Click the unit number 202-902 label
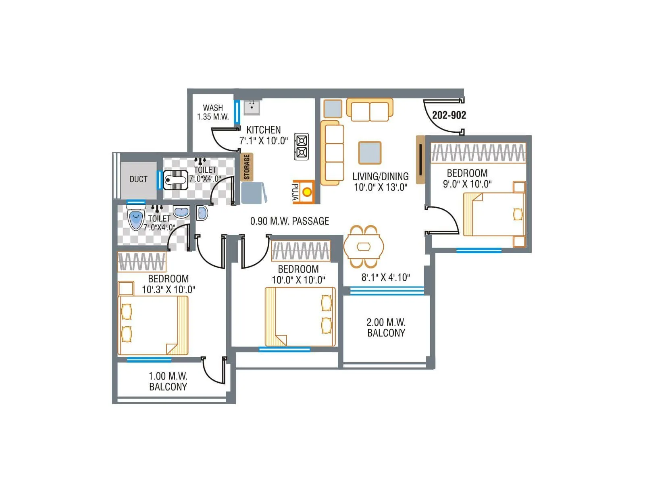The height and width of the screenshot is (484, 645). coord(449,115)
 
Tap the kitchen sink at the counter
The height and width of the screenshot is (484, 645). coord(252,107)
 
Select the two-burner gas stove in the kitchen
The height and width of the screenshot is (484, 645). coord(302,147)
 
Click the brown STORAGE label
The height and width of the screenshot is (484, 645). coord(247,167)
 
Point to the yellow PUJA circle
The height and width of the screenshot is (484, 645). coord(307,192)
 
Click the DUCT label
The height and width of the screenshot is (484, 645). coord(138,179)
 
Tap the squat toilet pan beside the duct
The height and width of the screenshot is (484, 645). coord(176,180)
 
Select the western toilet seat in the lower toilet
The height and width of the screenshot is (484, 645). coord(136,218)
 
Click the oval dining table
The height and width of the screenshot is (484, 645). coord(364,246)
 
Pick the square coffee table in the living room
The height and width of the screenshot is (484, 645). coord(370,153)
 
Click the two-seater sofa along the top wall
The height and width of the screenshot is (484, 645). coord(370,110)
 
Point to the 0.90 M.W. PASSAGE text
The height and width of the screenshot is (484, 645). coord(289,221)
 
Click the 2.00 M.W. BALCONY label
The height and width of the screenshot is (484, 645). coord(386,328)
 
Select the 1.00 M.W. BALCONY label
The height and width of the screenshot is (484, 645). coord(168,382)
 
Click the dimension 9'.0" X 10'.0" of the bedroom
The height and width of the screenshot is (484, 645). coord(467,184)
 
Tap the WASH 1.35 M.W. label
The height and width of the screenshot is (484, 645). coord(213,113)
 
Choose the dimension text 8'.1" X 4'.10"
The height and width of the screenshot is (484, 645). coord(385,277)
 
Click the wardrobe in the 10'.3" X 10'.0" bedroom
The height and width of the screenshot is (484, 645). coord(141,262)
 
